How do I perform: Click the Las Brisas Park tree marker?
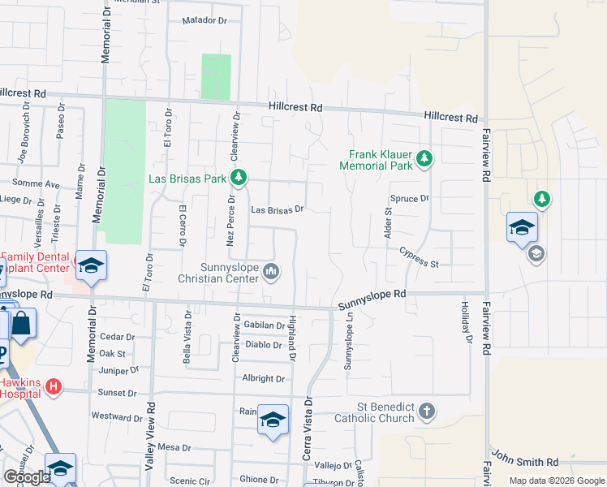coord(239,177)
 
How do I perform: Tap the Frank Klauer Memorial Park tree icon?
coord(424,159)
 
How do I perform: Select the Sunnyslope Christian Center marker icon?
coord(272,272)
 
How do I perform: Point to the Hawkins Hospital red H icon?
coord(54,386)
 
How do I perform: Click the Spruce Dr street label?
coord(408,199)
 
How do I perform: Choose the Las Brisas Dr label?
coord(277,209)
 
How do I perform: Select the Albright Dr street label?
coord(263,378)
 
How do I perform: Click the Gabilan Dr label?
coord(264,325)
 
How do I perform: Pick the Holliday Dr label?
coord(466,322)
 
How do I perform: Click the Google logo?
coord(27,476)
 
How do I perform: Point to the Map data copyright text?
coord(556,481)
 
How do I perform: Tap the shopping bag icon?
coord(22,325)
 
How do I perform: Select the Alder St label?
coord(388,222)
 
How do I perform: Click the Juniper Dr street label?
coord(118,371)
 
